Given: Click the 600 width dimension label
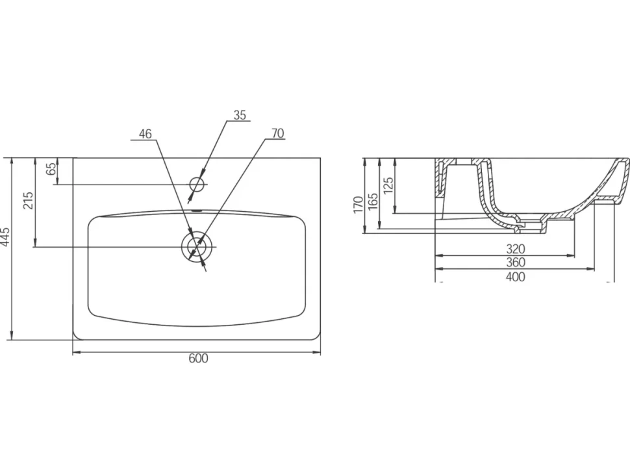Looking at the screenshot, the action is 199,358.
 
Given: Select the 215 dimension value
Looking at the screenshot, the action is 28,201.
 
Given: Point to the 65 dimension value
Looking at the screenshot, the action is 51,169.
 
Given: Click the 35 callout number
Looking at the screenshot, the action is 240,116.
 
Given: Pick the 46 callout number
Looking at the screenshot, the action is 145,134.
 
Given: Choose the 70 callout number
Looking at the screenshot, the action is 277,133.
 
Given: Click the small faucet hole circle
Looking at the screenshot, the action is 197,184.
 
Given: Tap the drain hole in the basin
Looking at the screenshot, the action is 197,246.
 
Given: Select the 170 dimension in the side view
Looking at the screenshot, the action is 359,204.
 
